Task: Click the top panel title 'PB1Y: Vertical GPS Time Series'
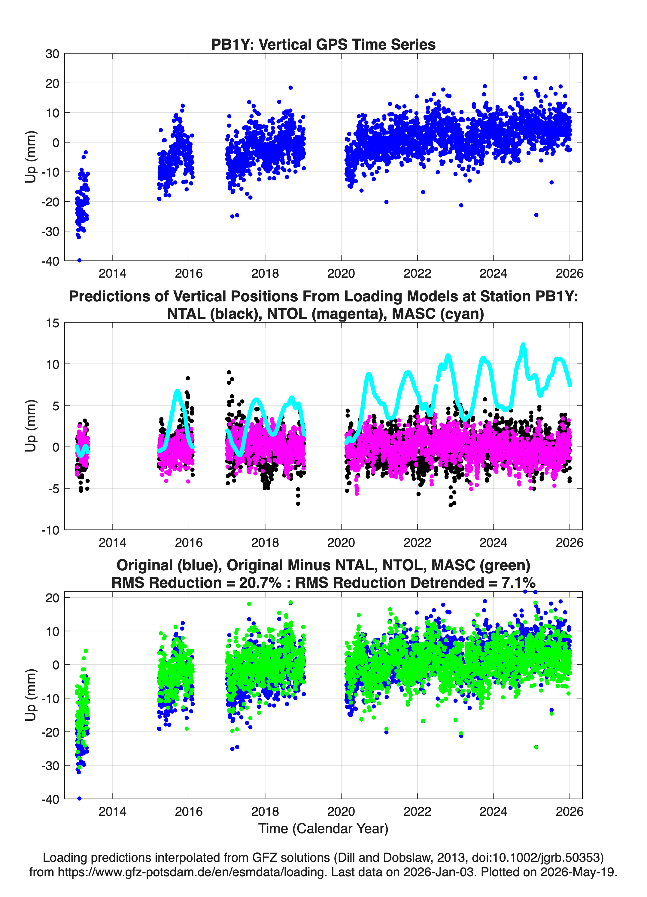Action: point(323,44)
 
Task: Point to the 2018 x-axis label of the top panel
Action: point(265,273)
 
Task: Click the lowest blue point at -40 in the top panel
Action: point(79,260)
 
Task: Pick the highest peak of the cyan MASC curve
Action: point(523,344)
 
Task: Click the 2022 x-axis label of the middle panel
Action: point(417,543)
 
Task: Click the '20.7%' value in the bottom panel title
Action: point(260,583)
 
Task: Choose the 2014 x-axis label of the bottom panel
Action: point(113,812)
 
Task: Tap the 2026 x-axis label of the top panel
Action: point(570,273)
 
